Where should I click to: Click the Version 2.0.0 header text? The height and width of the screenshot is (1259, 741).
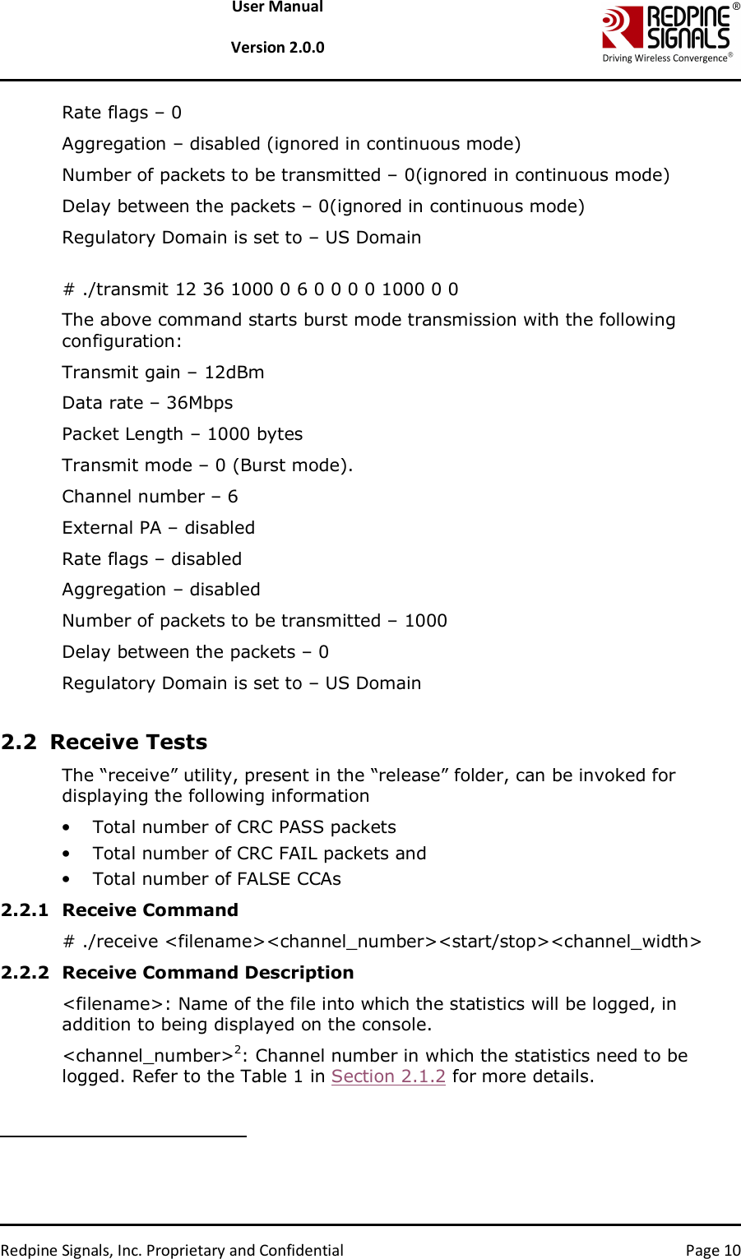(x=277, y=48)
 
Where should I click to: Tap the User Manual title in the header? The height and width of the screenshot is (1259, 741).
(x=277, y=7)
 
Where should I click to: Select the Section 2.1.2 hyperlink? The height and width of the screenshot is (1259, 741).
(x=388, y=1076)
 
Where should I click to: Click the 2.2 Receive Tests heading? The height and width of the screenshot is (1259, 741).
(x=104, y=742)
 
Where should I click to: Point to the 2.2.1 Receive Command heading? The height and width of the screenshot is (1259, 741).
(x=120, y=910)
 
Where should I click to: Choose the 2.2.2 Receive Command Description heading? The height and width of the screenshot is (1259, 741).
(x=178, y=973)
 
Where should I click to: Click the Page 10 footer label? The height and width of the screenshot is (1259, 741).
(x=713, y=1251)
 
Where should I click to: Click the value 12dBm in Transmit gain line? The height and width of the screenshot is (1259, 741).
(x=234, y=373)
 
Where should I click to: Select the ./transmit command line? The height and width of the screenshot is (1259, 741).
(x=261, y=289)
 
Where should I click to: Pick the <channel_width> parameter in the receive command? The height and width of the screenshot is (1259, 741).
(x=626, y=942)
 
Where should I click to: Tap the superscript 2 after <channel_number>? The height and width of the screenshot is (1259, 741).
(x=238, y=1049)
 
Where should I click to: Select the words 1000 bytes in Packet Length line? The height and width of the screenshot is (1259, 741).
(x=255, y=434)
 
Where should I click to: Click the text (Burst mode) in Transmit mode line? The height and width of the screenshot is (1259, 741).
(x=293, y=465)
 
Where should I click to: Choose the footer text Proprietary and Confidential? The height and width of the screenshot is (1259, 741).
(x=245, y=1251)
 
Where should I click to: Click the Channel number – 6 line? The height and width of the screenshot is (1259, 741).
(x=150, y=497)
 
